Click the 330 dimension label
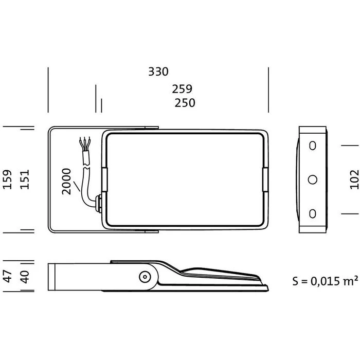tap(158, 71)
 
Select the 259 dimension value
tap(182, 89)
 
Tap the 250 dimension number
tap(185, 103)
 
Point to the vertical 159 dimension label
tap(7, 179)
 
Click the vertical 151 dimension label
tap(25, 179)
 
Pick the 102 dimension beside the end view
tap(354, 179)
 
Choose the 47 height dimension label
tap(8, 276)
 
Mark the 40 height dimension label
tap(25, 277)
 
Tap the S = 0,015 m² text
tap(325, 281)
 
